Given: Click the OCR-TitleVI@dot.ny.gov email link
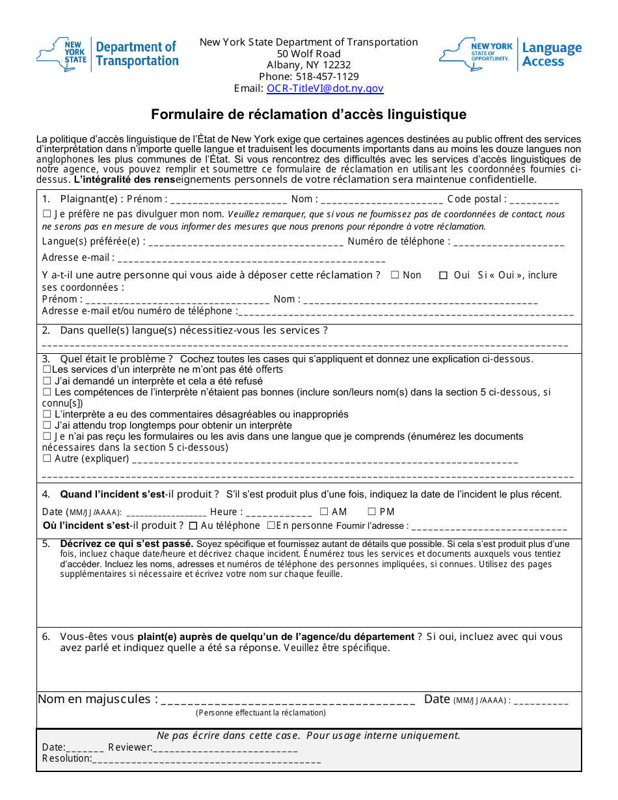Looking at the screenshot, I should pos(325,88).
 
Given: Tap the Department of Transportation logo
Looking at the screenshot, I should pos(107,54).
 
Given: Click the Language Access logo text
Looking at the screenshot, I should pos(552,55).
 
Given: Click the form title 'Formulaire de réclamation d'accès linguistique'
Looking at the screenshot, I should pos(308,114).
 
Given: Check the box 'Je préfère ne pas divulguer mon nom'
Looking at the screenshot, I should pos(46,214).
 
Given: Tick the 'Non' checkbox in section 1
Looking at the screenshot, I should pos(395,275).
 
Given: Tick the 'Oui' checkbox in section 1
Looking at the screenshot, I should pos(443,275).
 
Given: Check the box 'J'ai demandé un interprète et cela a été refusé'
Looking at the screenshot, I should pos(46,381).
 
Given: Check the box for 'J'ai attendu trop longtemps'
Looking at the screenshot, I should pos(46,425).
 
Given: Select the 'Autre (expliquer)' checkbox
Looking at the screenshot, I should pos(46,459).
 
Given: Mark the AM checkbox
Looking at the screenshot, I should pos(324,512).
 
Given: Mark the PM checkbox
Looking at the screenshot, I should pos(372,512).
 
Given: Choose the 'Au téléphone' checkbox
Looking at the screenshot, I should pos(193,526).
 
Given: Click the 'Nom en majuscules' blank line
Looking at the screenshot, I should pos(288,701).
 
